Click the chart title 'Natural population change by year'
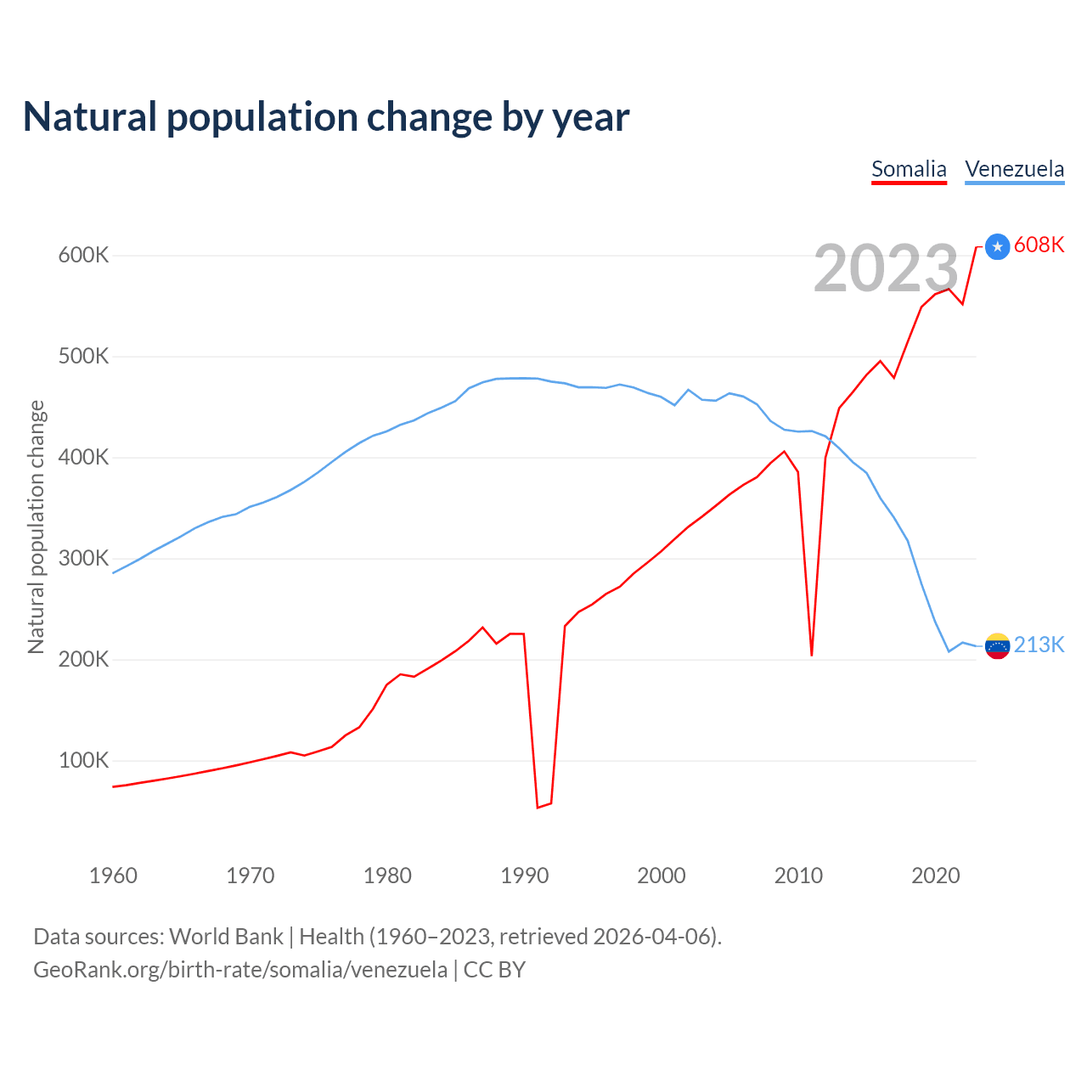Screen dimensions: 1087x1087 (325, 117)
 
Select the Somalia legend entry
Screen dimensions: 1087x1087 (909, 169)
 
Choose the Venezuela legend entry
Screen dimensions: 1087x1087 (1014, 169)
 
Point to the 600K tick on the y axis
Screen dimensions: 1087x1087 (83, 255)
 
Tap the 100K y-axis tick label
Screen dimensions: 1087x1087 (83, 760)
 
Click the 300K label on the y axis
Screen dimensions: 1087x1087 (83, 558)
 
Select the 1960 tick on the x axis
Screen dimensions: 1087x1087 (113, 876)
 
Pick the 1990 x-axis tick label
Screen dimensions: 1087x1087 (525, 876)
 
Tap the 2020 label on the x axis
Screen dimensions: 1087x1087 (936, 876)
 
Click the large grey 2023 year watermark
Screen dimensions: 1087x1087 (886, 268)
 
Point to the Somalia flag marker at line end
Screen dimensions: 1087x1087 (997, 246)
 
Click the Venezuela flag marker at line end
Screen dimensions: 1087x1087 (997, 646)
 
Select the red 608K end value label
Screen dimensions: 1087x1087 (1039, 245)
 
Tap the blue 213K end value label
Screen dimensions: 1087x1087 (1039, 645)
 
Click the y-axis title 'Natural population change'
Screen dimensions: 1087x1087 (36, 527)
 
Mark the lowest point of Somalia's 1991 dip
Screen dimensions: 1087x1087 (538, 807)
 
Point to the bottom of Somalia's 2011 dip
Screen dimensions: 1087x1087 (812, 655)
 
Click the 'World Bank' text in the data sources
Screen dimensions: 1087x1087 (226, 936)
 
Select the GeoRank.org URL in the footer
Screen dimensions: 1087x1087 (240, 969)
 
